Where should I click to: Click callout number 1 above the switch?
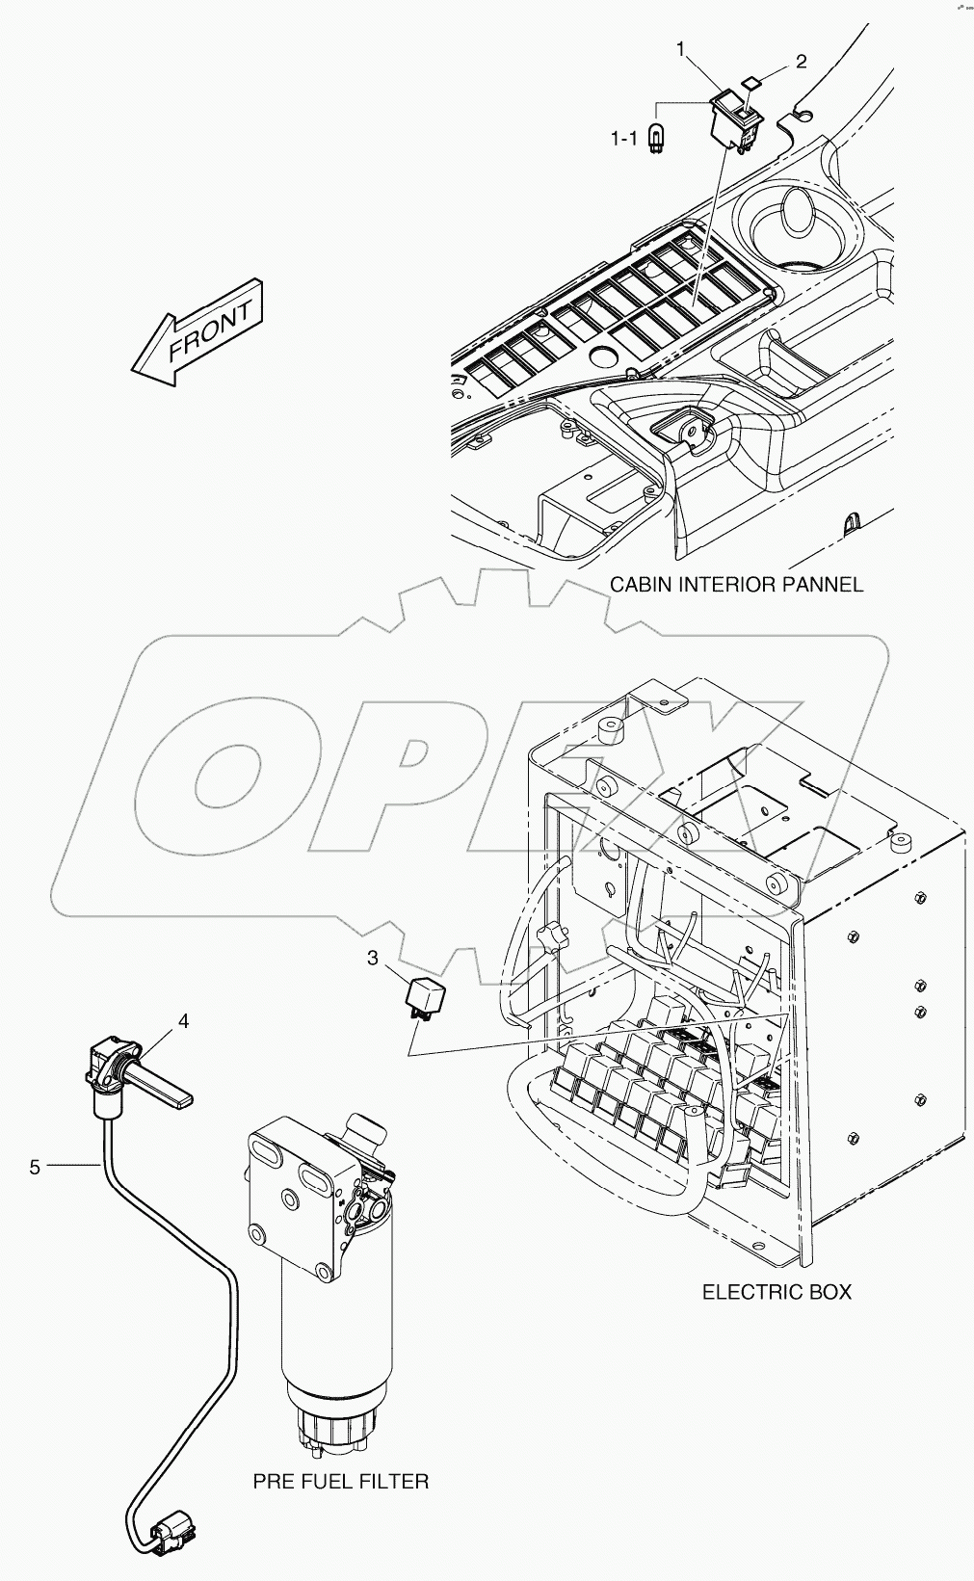pos(681,48)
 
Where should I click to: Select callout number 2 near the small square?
pos(801,62)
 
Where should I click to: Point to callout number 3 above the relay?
pos(372,958)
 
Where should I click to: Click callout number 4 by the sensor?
pos(183,1019)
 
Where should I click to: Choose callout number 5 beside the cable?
pos(35,1167)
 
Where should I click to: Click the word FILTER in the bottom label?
pos(395,1481)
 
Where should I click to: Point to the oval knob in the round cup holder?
pos(796,212)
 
